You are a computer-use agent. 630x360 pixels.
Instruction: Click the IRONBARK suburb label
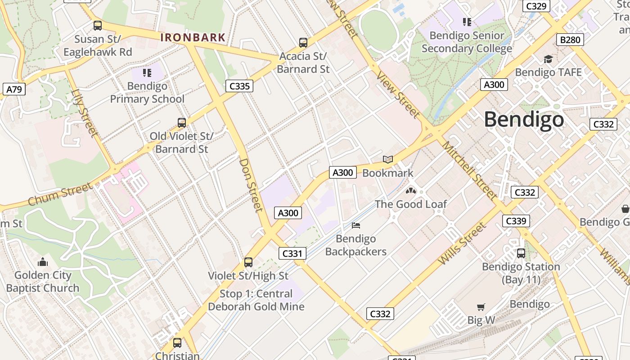pos(193,37)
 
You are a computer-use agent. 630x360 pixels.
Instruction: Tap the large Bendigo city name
pos(524,120)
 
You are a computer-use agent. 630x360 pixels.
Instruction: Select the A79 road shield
pos(14,89)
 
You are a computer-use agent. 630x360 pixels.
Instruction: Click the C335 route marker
pos(239,86)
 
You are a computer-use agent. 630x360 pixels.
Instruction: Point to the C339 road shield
pos(516,221)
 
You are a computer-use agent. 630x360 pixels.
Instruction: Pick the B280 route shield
pos(570,40)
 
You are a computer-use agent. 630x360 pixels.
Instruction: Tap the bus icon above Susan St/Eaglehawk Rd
pos(98,26)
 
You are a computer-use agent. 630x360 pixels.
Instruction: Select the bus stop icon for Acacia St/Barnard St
pos(303,43)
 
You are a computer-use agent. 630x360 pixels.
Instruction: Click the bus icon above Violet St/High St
pos(248,262)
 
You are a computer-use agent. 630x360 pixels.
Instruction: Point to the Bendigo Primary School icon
pos(147,72)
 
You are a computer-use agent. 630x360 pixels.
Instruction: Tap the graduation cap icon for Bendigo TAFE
pos(548,59)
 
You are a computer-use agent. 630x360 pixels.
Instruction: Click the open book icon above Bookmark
pos(387,159)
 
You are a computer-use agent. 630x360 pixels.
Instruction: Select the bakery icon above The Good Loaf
pos(410,191)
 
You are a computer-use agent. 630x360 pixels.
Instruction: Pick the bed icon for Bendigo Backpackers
pos(356,225)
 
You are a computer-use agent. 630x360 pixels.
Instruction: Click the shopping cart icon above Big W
pos(481,307)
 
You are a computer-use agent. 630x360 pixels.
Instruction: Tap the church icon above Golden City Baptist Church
pos(43,262)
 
